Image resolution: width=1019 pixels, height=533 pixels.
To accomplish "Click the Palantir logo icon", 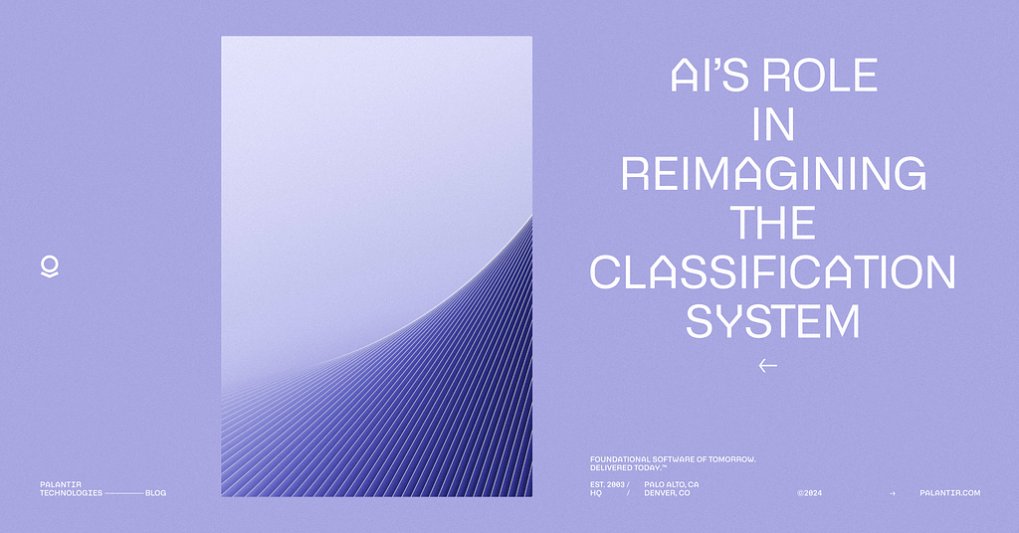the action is click(x=50, y=266).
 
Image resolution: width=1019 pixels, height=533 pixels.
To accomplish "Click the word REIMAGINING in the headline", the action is click(x=773, y=173).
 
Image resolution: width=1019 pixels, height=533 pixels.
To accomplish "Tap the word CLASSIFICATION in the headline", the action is click(x=772, y=272).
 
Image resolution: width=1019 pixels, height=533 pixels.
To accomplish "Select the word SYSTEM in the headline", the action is click(x=772, y=321).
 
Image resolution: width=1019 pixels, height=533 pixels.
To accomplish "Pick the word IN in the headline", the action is click(x=773, y=124).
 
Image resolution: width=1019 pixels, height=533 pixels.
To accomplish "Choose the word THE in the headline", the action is click(x=772, y=223).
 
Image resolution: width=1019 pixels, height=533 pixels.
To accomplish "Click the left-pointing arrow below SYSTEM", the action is click(x=767, y=366).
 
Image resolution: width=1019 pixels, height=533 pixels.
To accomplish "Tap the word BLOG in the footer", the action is click(x=156, y=493).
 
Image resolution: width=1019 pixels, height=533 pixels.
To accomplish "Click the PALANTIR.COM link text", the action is click(x=950, y=493).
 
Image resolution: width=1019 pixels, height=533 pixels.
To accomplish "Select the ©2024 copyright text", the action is click(x=810, y=493).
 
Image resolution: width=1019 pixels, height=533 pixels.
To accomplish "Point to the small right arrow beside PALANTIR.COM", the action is click(x=893, y=493).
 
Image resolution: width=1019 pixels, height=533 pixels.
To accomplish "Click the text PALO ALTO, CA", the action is click(x=672, y=484).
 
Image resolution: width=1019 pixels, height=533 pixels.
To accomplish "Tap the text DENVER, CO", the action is click(x=667, y=493).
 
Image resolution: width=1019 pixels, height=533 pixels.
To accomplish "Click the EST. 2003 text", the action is click(x=607, y=484).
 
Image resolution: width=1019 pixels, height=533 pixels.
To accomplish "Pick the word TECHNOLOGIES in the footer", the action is click(x=71, y=493).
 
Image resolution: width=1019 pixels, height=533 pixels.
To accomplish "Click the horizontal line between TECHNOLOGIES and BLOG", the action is click(x=124, y=493).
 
